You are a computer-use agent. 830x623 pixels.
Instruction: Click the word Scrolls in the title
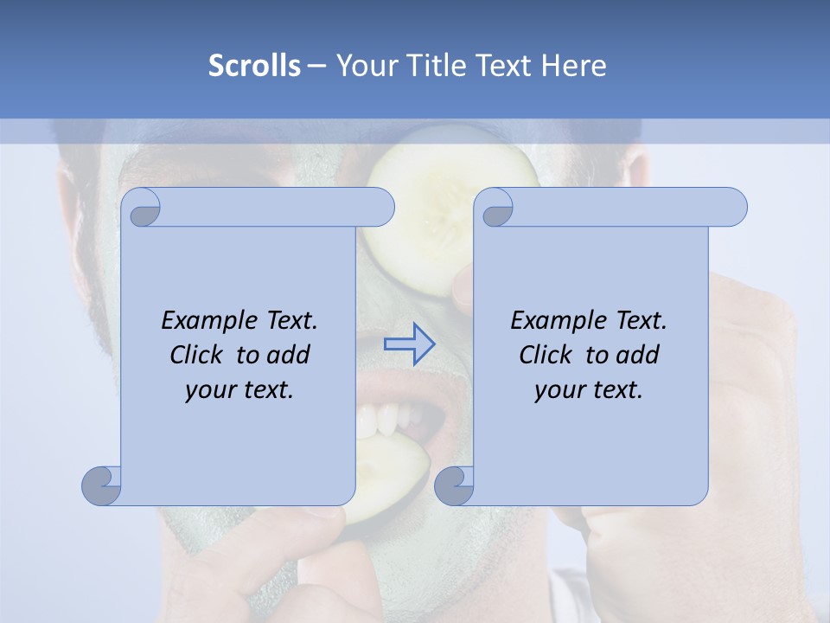[254, 66]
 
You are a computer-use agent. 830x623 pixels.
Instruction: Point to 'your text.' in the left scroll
[239, 390]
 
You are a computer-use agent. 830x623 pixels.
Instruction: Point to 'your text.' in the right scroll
[589, 390]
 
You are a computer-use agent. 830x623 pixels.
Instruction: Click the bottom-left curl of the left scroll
[102, 485]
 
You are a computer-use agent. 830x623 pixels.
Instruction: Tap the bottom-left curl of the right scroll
[455, 485]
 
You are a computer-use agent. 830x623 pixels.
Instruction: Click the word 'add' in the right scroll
[639, 355]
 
